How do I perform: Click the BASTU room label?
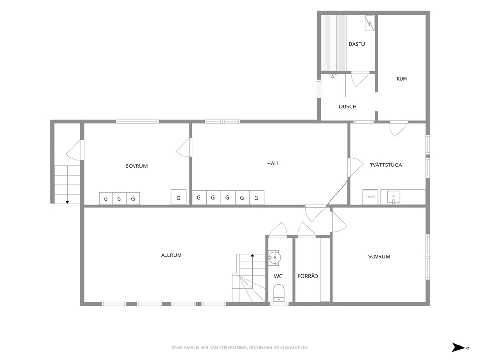click(357, 44)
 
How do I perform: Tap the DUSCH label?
click(347, 107)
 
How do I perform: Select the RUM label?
click(402, 79)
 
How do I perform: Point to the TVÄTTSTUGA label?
click(386, 165)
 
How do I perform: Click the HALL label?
click(273, 164)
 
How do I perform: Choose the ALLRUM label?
click(171, 255)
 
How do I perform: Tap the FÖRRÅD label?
click(308, 276)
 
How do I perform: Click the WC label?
click(278, 276)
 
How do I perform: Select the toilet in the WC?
click(279, 293)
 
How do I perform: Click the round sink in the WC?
click(274, 257)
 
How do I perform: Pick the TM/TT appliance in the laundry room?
click(371, 197)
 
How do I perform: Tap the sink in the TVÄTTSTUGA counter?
click(393, 197)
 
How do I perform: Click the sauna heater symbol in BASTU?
click(370, 23)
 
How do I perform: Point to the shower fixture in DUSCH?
click(333, 75)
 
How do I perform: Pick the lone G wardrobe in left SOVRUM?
click(179, 197)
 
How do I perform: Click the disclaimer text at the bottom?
click(240, 348)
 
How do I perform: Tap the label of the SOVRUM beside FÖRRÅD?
click(379, 257)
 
